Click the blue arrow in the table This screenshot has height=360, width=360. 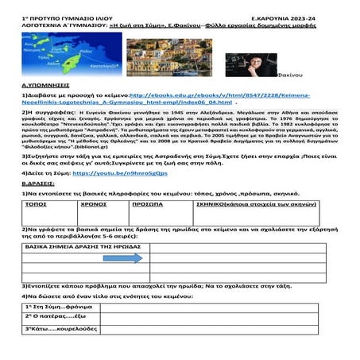(x=110, y=257)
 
